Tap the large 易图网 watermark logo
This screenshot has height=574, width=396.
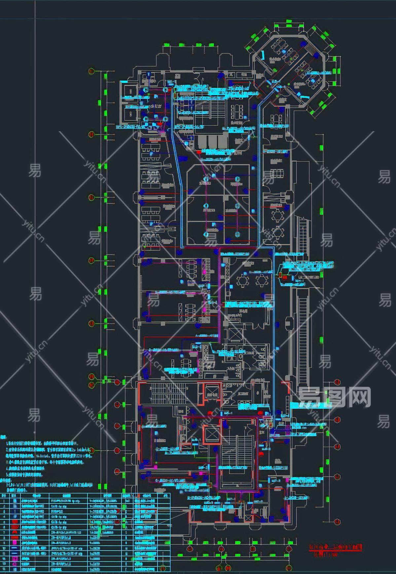(x=334, y=397)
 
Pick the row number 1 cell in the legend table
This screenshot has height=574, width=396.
(x=4, y=501)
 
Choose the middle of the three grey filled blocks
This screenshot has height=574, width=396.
(x=213, y=141)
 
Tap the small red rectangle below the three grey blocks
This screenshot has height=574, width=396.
(x=198, y=152)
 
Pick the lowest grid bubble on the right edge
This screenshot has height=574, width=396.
(x=337, y=522)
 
